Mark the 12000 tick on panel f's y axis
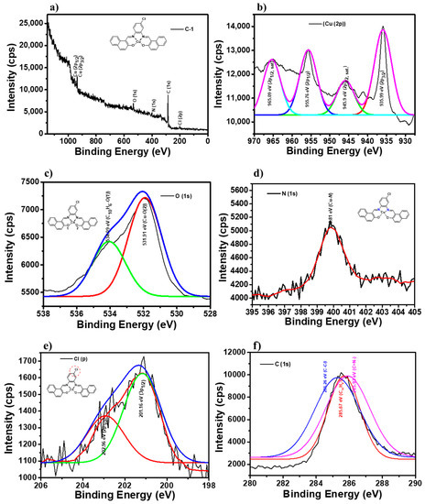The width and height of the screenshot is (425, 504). [241, 352]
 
